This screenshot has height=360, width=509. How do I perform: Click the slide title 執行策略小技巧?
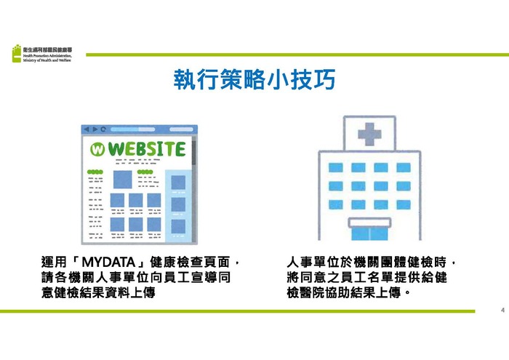click(x=254, y=80)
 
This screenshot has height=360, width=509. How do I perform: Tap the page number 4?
click(x=502, y=310)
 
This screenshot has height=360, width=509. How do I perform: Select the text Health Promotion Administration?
click(x=48, y=55)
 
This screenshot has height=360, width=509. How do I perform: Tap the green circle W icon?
click(x=97, y=150)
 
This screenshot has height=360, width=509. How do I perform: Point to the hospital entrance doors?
click(x=369, y=233)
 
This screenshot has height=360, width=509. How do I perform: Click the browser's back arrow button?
click(x=86, y=129)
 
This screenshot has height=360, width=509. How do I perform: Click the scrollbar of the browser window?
click(x=193, y=153)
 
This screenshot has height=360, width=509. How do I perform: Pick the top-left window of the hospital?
click(x=335, y=167)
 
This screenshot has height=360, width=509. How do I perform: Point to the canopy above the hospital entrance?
click(x=369, y=221)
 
